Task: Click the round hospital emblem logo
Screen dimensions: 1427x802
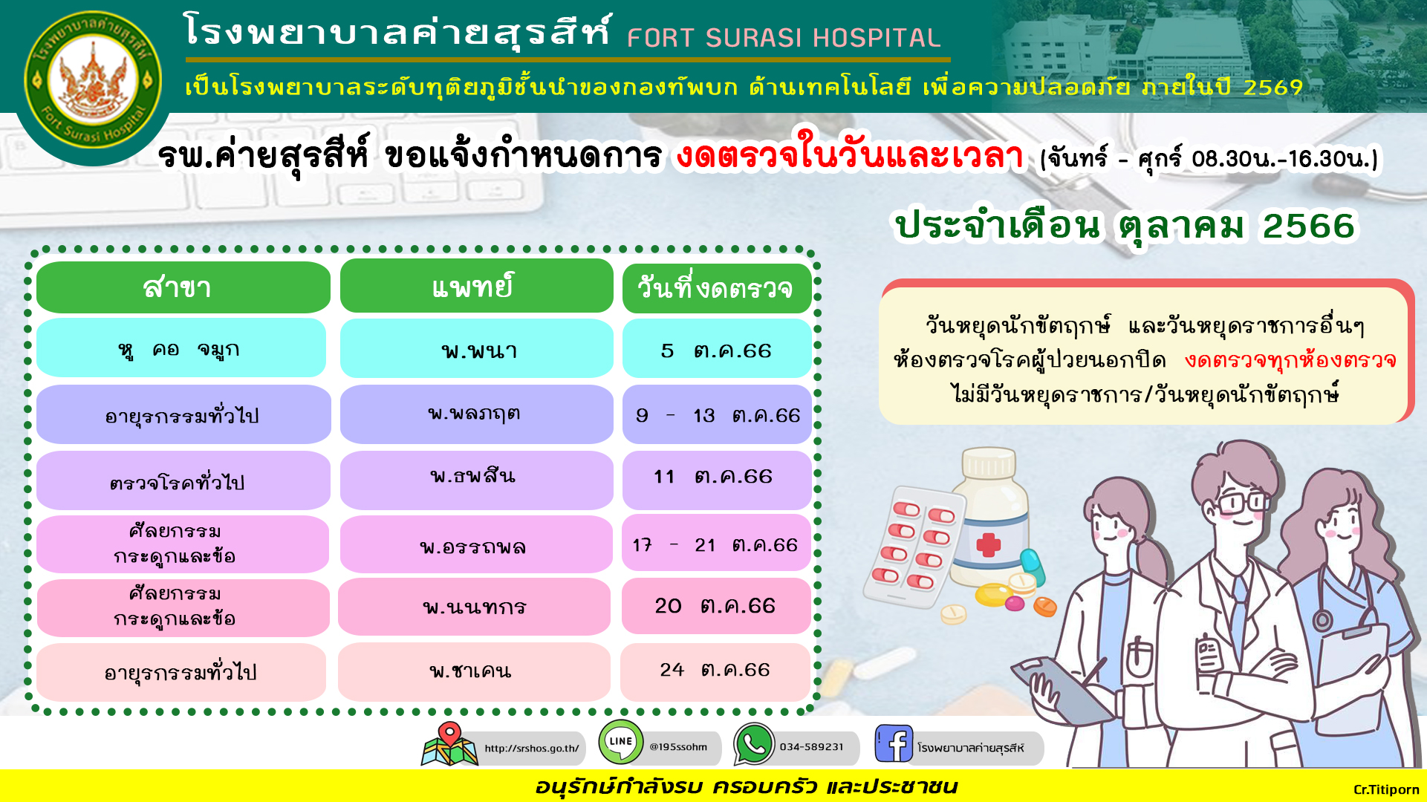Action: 93,82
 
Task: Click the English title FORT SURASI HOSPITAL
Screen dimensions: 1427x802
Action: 784,38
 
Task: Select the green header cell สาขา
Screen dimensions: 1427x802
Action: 183,287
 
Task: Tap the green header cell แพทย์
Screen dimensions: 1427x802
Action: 476,286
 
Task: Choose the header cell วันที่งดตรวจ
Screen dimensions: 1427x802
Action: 716,288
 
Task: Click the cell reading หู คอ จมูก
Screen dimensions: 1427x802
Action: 181,348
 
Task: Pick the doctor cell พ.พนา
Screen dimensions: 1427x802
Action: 476,349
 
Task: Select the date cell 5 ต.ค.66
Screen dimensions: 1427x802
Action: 716,349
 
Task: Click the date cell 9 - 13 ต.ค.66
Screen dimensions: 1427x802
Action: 716,414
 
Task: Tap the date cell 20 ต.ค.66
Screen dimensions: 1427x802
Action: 715,606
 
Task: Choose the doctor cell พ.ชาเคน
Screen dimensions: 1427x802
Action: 473,672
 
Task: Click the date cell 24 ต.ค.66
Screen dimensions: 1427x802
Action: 715,671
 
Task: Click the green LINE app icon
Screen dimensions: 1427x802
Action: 621,742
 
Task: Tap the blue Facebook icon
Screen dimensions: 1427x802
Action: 894,743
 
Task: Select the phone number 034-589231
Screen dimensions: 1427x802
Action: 811,747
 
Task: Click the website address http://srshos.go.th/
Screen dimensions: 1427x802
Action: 532,749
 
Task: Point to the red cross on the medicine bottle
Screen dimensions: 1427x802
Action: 989,544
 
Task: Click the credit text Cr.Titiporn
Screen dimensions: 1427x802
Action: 1386,789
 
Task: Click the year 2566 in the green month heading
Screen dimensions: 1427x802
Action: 1309,226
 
